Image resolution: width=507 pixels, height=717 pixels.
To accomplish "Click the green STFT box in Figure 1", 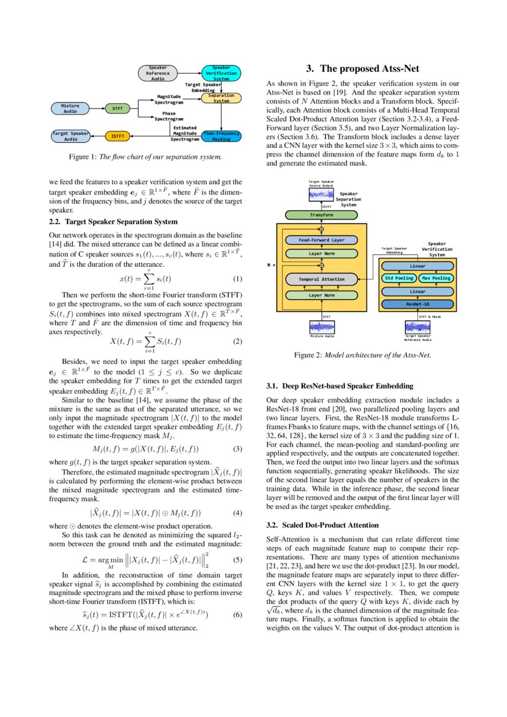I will (x=118, y=109).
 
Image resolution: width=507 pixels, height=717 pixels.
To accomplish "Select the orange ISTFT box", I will (x=118, y=136).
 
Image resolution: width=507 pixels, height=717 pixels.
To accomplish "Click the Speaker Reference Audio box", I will (x=158, y=73).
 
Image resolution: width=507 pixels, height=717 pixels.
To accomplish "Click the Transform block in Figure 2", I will (x=321, y=215).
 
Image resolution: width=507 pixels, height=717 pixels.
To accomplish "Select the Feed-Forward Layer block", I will (x=321, y=240).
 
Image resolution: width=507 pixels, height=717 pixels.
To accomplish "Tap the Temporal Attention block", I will (x=321, y=279).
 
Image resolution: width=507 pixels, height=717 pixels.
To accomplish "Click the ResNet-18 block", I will (x=417, y=304).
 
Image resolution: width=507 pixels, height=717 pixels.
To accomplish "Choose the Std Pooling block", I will (x=398, y=278).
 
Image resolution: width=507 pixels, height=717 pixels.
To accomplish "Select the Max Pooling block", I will (x=436, y=278).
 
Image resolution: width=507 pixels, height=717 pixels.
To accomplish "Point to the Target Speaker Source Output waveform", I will (x=321, y=194).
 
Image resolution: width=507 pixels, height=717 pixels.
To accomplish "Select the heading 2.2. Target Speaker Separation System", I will (x=113, y=221).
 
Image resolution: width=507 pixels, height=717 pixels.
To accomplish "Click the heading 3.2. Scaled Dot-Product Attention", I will (x=322, y=526).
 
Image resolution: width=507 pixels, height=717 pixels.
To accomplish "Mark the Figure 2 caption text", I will (x=362, y=355).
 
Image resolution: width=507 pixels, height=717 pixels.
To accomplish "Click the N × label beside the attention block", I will (x=272, y=266).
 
